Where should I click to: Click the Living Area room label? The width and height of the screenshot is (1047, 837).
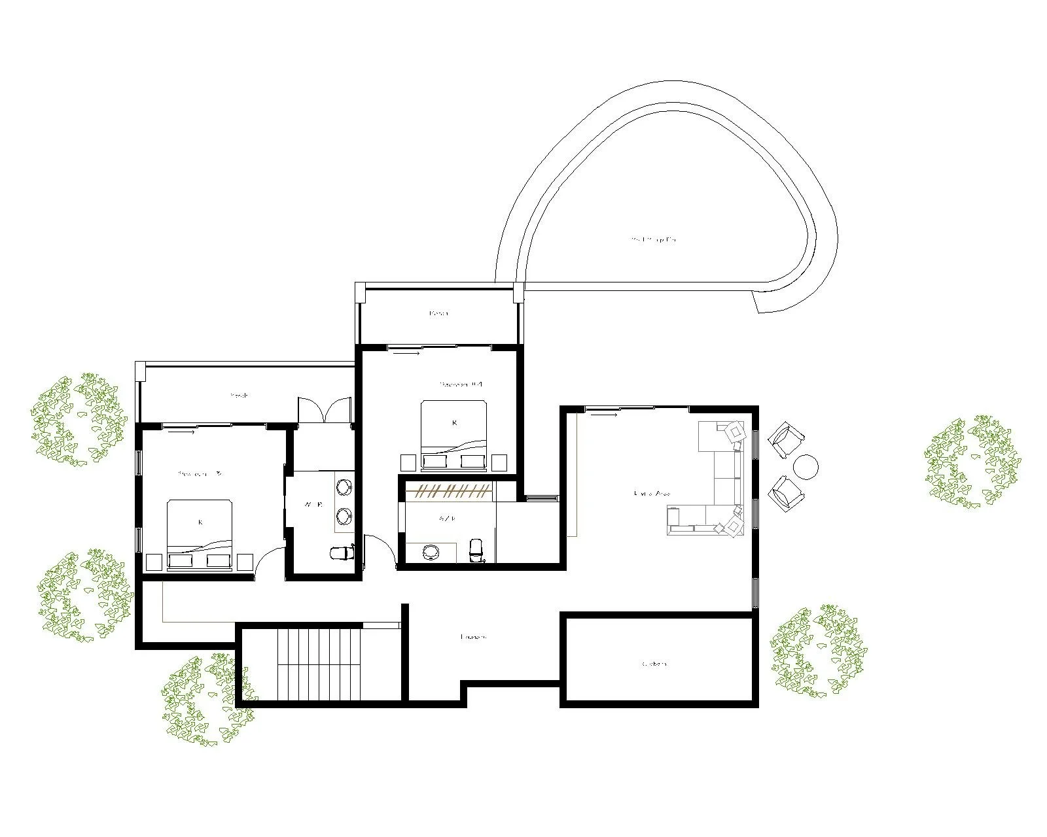(652, 493)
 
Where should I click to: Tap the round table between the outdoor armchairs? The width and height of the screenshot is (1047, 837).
(806, 466)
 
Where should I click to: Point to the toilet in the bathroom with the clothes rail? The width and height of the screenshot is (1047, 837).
(476, 549)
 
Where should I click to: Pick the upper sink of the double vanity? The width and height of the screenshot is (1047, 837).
(344, 487)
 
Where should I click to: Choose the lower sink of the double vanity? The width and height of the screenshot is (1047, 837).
(344, 517)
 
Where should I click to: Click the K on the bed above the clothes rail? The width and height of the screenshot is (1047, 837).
(454, 423)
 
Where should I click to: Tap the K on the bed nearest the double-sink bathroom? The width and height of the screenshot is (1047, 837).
(200, 522)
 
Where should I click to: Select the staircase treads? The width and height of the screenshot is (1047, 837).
(319, 664)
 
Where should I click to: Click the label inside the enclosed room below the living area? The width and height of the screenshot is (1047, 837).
(654, 664)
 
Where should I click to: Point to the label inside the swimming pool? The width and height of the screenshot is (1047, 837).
(653, 240)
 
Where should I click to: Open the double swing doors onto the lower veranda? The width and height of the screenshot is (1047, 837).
(325, 411)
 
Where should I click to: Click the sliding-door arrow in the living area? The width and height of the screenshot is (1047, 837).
(607, 413)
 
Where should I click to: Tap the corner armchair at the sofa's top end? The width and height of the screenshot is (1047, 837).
(734, 432)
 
